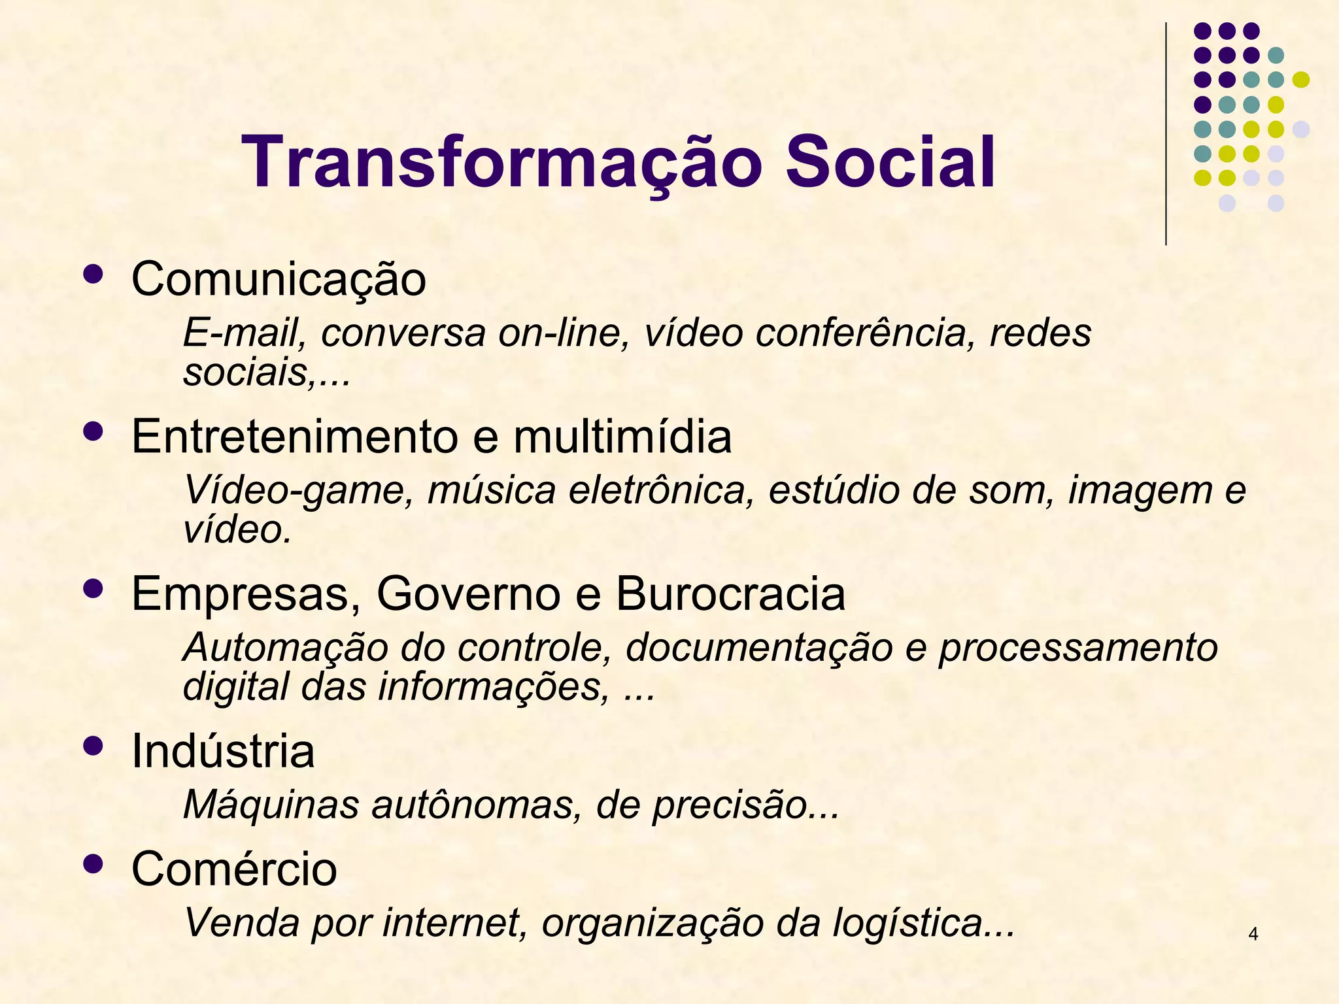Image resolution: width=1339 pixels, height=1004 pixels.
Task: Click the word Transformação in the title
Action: click(501, 162)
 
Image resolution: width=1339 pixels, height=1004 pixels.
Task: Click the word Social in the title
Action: click(890, 162)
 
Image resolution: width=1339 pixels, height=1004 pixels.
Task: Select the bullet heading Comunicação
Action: click(279, 280)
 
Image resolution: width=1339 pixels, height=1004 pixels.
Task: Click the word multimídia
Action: click(622, 437)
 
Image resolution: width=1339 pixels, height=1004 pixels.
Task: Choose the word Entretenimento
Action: click(294, 437)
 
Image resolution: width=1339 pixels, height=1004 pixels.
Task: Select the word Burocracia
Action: click(730, 594)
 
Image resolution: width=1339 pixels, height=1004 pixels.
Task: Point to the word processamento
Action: click(1078, 648)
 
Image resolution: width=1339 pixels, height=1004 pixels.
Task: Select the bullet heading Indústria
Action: click(223, 751)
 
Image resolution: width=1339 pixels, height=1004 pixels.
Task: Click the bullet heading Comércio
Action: click(234, 869)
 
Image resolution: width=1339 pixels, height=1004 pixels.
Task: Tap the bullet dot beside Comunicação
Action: click(93, 275)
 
